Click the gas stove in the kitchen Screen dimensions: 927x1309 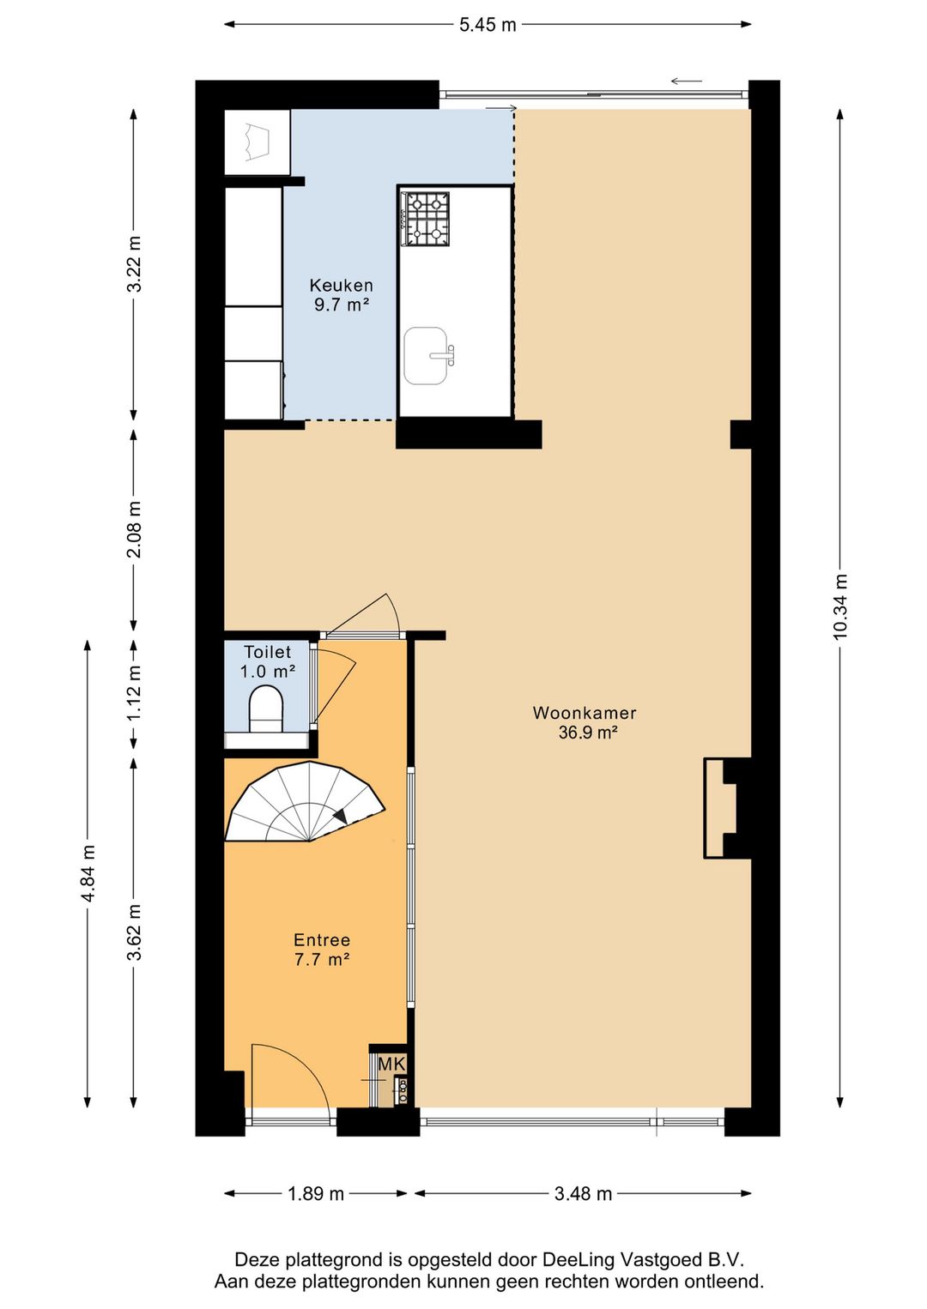[x=425, y=219]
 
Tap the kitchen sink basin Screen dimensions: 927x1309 [x=425, y=355]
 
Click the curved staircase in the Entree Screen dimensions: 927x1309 [x=304, y=802]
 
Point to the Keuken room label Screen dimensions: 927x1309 [x=341, y=285]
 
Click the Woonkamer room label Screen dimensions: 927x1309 [x=585, y=713]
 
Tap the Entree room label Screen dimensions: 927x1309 [x=322, y=940]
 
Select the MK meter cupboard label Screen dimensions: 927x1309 [x=392, y=1065]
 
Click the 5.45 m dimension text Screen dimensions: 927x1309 [x=488, y=25]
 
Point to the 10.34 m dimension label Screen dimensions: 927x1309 [x=840, y=606]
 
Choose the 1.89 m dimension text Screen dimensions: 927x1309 [x=316, y=1193]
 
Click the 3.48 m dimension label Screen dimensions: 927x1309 [x=583, y=1193]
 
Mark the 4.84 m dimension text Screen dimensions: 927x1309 [x=88, y=873]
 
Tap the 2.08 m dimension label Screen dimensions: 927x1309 [x=135, y=529]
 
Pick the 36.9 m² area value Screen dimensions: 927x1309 [x=588, y=733]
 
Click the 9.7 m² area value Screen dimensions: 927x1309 [x=342, y=305]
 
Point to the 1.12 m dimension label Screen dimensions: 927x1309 [x=135, y=695]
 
